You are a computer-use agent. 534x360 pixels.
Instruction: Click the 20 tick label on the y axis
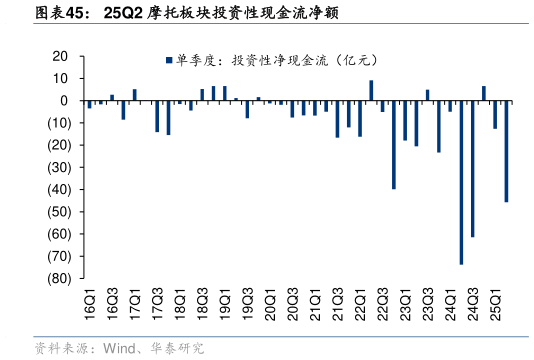click(59, 56)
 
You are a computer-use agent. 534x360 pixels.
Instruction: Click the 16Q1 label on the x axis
click(90, 303)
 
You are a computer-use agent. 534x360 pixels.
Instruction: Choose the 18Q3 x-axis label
click(202, 303)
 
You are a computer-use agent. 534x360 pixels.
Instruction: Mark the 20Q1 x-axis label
click(270, 303)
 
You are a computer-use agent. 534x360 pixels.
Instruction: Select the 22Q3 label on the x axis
click(382, 303)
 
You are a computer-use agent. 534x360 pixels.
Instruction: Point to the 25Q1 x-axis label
click(495, 303)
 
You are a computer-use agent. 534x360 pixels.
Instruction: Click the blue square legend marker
click(168, 61)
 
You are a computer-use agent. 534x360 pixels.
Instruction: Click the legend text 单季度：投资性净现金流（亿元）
click(275, 61)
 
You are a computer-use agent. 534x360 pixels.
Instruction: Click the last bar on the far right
click(506, 151)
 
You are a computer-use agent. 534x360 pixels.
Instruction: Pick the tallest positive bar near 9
click(371, 90)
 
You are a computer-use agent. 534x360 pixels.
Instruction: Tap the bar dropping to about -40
click(394, 144)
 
